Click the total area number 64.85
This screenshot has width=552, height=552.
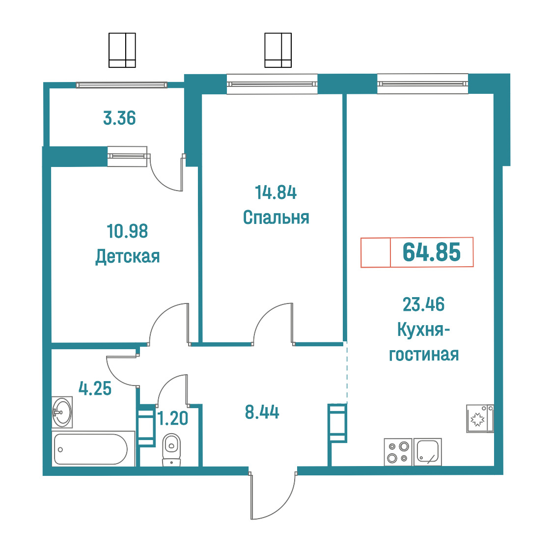[x=431, y=252]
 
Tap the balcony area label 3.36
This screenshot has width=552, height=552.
[x=119, y=118]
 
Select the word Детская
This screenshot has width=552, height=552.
[x=127, y=257]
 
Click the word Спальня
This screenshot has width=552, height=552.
[x=276, y=217]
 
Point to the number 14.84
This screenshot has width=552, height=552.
[x=276, y=193]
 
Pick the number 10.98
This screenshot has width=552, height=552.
[x=127, y=231]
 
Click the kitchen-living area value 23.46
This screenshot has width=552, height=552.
[x=423, y=304]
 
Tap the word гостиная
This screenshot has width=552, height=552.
[x=424, y=355]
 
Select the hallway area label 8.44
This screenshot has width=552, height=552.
[x=262, y=412]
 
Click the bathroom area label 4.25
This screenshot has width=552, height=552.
[x=95, y=388]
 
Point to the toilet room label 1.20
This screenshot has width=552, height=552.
[x=172, y=418]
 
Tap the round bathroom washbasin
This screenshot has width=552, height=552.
[x=62, y=412]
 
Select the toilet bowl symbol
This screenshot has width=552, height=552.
[x=171, y=449]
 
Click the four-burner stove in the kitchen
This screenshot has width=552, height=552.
[x=398, y=452]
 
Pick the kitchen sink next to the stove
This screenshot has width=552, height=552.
[x=427, y=452]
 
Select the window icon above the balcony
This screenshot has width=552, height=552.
[x=122, y=50]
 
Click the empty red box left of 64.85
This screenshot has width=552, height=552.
[x=376, y=252]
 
